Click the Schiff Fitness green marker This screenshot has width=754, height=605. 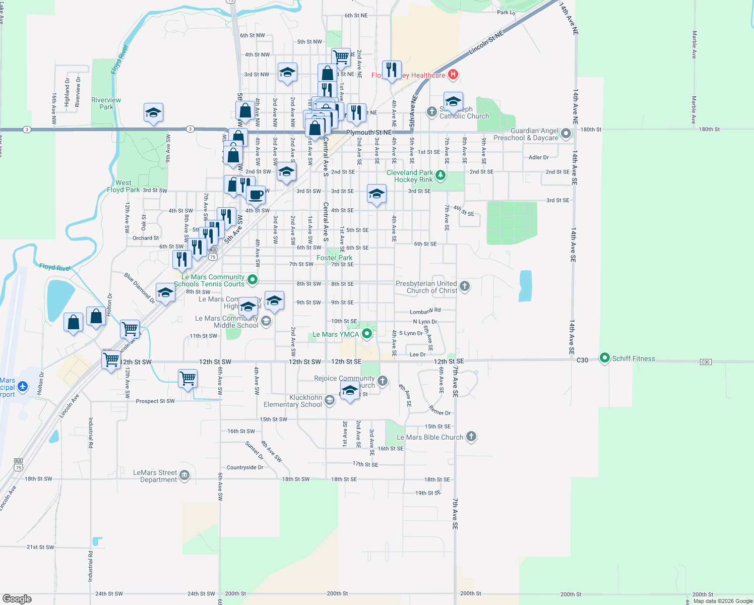point(604,358)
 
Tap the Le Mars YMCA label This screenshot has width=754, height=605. point(336,334)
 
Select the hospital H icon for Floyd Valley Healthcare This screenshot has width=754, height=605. point(453,75)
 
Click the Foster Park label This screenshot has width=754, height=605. point(334,258)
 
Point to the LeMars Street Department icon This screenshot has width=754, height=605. point(184,475)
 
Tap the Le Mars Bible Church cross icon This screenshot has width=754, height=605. point(471,437)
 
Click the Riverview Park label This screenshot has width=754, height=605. point(106,103)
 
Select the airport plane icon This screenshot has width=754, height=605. point(22,387)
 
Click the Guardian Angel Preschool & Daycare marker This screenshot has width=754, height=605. point(566,134)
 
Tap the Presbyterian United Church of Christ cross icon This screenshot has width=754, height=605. point(465,286)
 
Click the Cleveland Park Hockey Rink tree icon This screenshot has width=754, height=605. point(441,175)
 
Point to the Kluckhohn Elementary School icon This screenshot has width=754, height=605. point(329,400)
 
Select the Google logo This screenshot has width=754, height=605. point(17,598)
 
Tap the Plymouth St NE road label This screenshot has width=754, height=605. point(369,132)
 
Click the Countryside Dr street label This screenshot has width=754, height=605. point(245,467)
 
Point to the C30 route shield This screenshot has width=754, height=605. point(705,362)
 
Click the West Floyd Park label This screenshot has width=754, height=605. point(123,186)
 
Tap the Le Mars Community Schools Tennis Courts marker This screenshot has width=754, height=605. point(253,279)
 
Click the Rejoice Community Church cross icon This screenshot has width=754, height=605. point(383,381)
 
